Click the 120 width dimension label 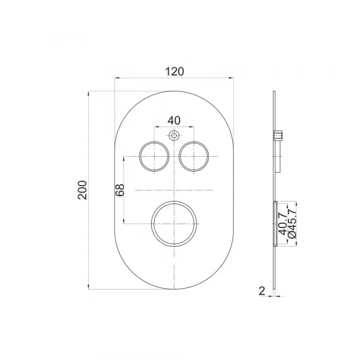click(175, 71)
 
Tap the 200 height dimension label click(82, 190)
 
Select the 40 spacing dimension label click(174, 121)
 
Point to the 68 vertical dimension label click(120, 190)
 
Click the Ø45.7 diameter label click(292, 223)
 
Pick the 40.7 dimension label click(283, 224)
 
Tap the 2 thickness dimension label click(262, 291)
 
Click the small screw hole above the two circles click(174, 136)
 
